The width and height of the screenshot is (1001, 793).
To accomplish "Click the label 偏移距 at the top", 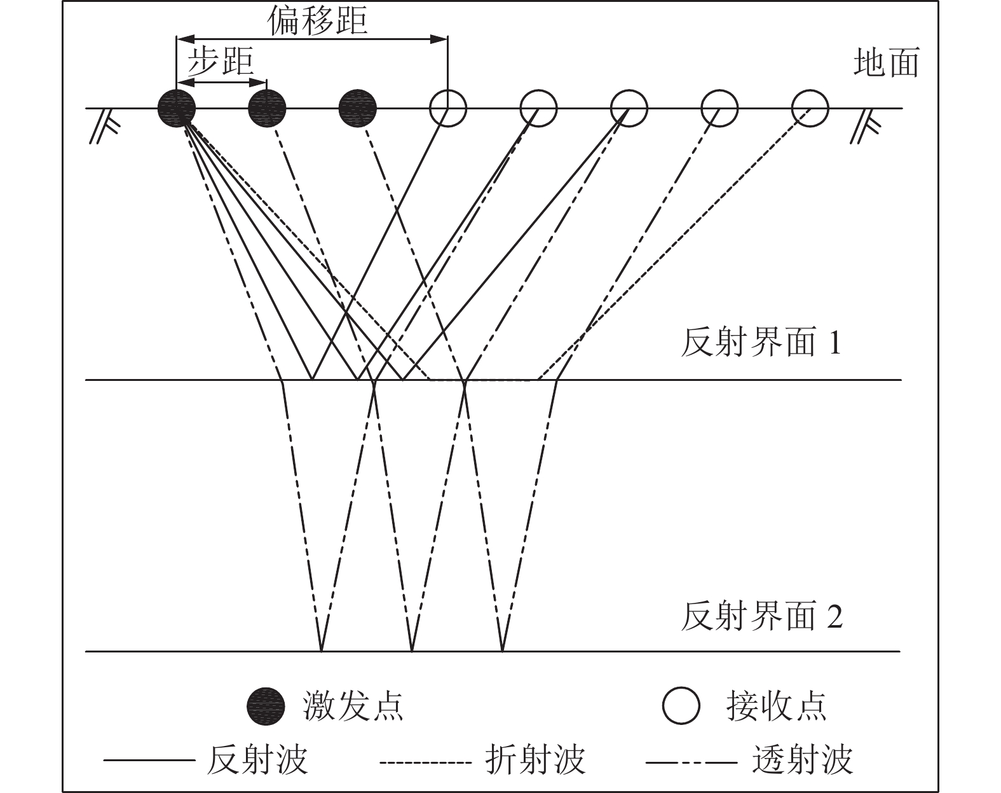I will point(317,22).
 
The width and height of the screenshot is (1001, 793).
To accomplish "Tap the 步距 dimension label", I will point(220,63).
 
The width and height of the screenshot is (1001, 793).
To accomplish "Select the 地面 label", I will point(886,63).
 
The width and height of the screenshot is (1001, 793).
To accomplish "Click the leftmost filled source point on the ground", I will point(177,109).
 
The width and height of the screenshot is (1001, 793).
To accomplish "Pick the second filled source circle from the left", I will point(267,109).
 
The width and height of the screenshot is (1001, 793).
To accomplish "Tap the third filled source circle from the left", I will point(358,109).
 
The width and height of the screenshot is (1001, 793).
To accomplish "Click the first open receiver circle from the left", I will point(448,109).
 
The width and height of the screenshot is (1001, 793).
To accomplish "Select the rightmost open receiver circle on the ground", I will point(810,109).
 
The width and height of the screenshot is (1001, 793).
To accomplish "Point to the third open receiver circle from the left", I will point(629,109).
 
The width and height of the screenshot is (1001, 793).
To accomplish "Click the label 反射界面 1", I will point(761,343).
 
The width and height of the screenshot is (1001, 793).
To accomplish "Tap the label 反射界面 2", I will point(761,616).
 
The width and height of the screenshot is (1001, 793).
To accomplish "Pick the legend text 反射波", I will point(257,759).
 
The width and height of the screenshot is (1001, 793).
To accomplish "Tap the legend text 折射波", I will point(535,759).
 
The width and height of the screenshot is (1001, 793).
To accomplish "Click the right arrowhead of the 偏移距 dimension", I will point(439,39).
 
